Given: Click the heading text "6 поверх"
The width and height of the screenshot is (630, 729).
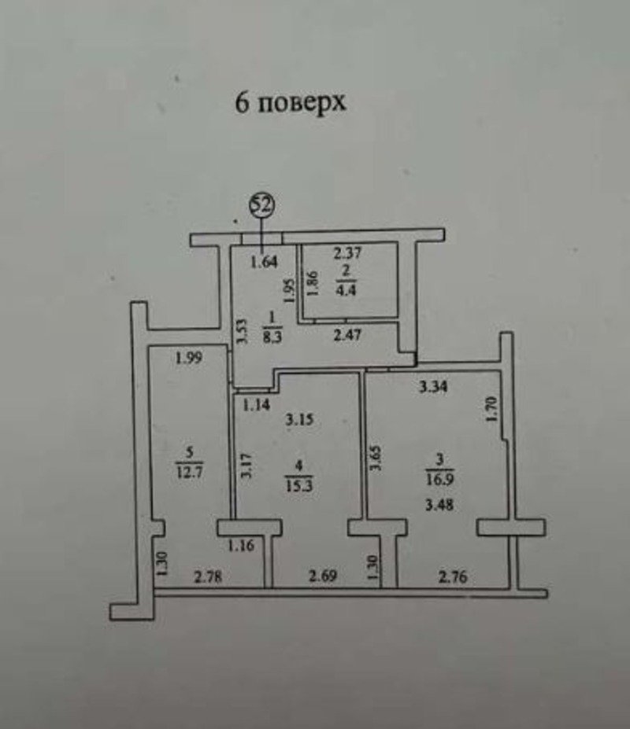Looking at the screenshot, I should point(291,103).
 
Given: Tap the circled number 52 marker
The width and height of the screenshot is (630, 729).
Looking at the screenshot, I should point(261,205).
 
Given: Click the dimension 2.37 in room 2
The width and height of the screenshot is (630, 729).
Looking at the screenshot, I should point(347,254).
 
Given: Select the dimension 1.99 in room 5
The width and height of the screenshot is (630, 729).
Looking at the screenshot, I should point(189,359).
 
